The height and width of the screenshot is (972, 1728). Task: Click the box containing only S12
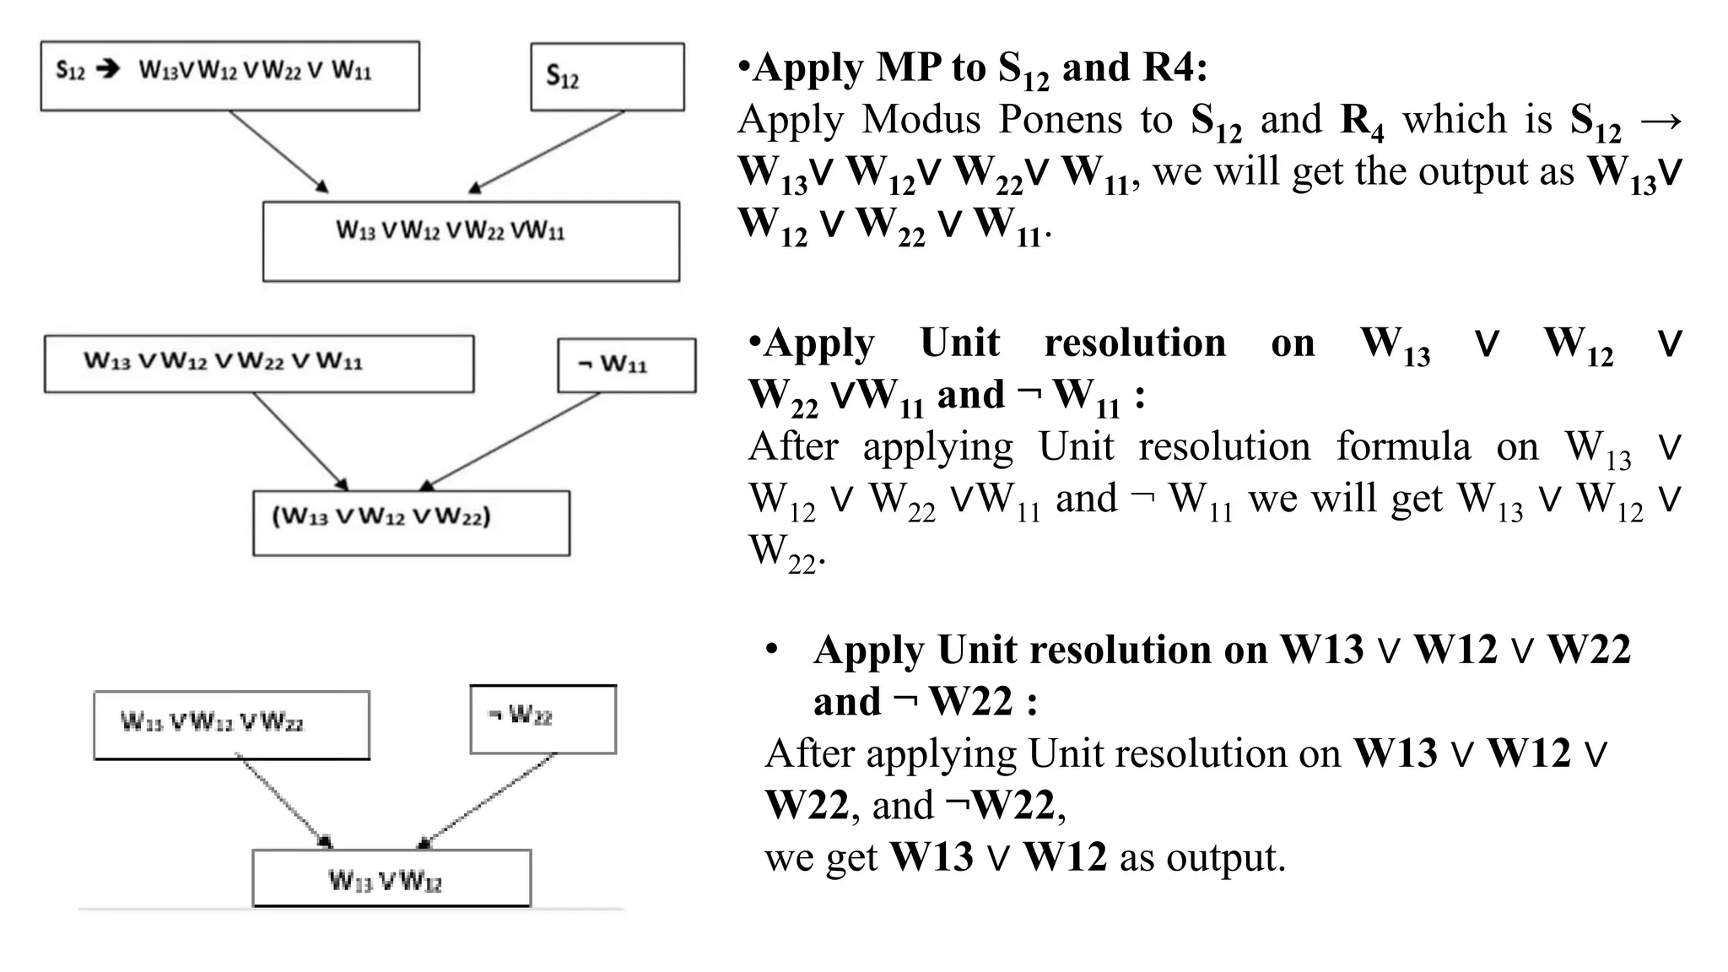[607, 77]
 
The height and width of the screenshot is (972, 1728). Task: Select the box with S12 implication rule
[229, 76]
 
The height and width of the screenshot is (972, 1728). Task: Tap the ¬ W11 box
[626, 365]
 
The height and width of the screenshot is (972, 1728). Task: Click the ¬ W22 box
[543, 719]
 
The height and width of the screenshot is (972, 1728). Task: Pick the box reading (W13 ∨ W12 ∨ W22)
[411, 522]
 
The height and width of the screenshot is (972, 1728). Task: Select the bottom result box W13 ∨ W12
[391, 878]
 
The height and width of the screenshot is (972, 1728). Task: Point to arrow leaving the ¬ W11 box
[510, 441]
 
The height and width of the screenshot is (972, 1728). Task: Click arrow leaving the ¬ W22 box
[488, 801]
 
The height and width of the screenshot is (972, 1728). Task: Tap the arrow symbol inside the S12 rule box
[108, 69]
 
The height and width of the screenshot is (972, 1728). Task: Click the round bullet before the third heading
[771, 651]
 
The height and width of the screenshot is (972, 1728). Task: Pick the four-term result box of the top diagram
[471, 240]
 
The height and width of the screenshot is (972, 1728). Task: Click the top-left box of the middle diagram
[258, 364]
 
